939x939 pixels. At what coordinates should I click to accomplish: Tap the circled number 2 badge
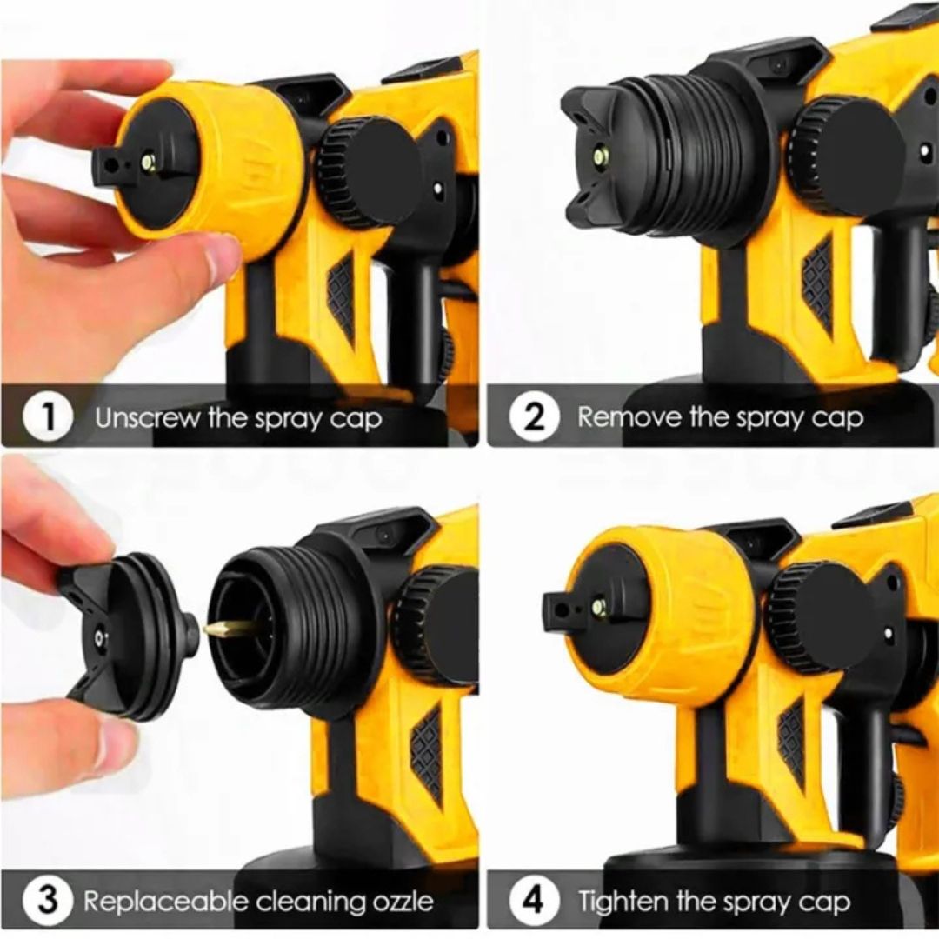point(534,418)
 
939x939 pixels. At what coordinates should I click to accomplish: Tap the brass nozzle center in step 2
point(598,157)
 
